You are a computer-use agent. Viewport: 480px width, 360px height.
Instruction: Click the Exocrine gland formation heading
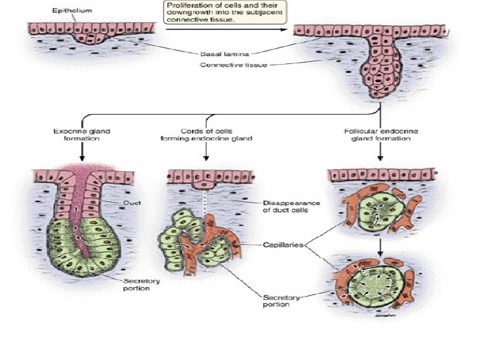(82, 135)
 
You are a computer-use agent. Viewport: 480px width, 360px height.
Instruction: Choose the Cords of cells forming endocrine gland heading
(207, 135)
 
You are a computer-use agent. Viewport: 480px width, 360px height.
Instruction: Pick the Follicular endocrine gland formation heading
(381, 135)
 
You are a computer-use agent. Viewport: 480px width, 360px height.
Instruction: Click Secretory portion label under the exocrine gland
(141, 286)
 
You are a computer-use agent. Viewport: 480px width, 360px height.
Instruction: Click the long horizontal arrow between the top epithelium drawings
(227, 31)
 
